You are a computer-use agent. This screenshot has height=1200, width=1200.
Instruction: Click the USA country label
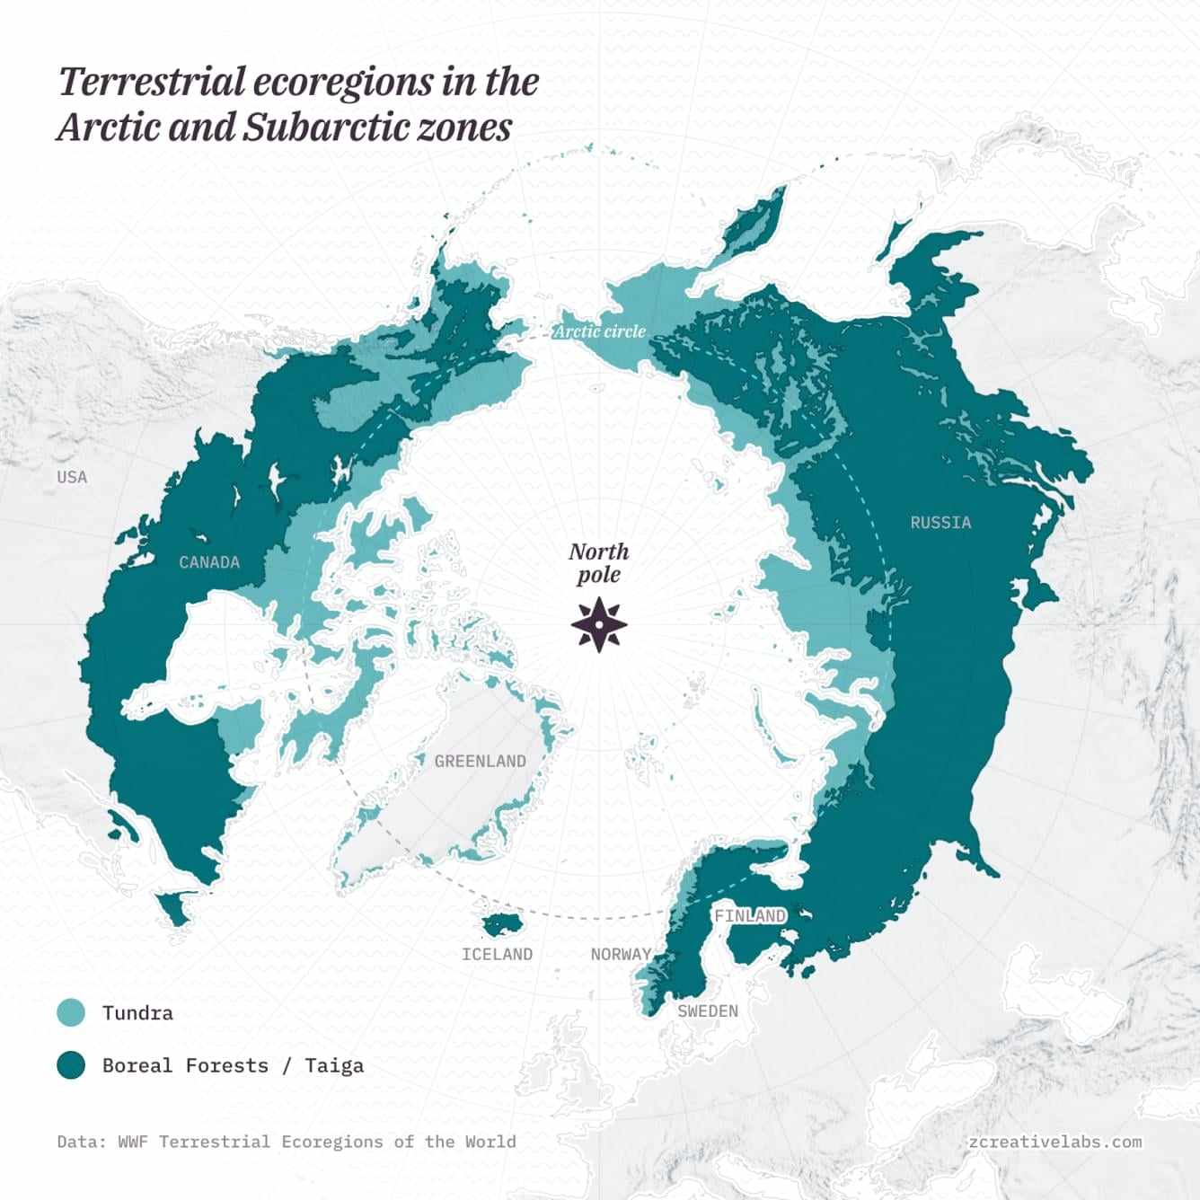pos(72,476)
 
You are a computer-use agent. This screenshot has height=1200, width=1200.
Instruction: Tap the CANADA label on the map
pos(209,562)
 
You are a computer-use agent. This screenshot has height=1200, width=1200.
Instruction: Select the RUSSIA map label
pos(940,522)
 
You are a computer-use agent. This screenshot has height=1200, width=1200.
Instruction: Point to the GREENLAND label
pos(480,761)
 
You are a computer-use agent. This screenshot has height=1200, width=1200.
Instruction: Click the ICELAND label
pos(497,954)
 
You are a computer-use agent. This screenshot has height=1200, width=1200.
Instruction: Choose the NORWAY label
pos(621,954)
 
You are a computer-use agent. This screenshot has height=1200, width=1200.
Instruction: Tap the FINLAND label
pos(749,916)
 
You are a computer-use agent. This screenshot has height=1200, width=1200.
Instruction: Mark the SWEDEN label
pos(708,1010)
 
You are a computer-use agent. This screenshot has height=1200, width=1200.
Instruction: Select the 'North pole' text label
pos(599,563)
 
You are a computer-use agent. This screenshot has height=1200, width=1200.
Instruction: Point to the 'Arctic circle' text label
pos(599,331)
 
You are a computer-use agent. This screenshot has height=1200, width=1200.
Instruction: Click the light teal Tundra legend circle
pos(71,1012)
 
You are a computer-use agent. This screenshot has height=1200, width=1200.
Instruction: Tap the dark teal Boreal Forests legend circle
pos(71,1065)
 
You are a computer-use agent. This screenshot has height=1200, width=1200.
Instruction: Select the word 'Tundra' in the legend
pos(137,1012)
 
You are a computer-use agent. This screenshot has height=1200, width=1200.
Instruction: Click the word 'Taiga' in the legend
pos(334,1065)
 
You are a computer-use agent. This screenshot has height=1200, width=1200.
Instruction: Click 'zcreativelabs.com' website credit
pos(1055,1142)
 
